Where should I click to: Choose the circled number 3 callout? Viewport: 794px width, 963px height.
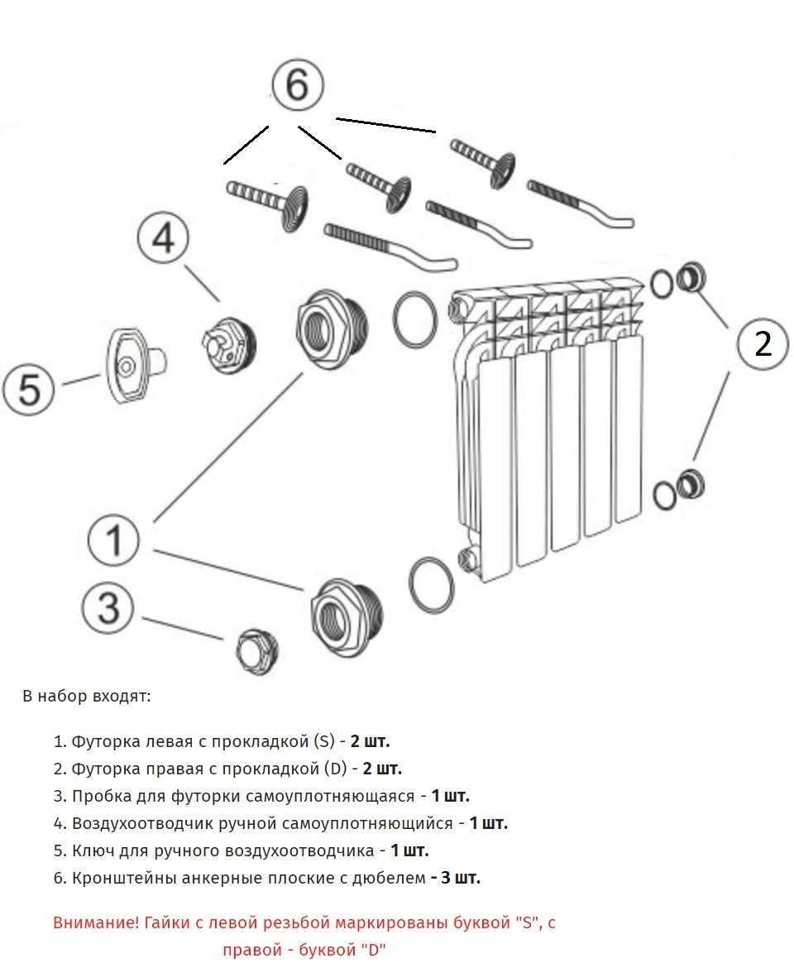(109, 609)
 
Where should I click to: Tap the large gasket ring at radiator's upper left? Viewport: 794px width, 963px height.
(414, 319)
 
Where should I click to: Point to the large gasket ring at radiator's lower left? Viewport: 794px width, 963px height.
(432, 586)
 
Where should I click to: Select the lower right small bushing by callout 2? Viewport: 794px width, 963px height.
(689, 483)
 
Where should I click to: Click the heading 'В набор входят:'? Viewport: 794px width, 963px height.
(87, 696)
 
